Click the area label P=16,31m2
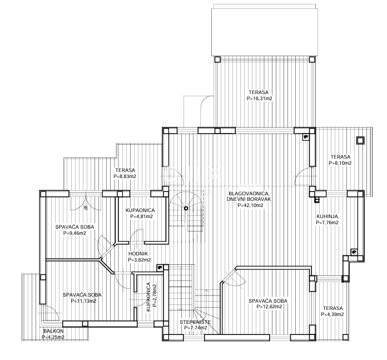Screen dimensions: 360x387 point(259,98)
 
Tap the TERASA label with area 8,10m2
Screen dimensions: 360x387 point(340,157)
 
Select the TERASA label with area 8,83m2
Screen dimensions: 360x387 point(125,170)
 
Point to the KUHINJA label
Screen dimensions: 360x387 point(327,216)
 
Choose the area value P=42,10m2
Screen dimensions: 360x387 point(250,205)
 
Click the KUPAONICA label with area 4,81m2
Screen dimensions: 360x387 point(140,210)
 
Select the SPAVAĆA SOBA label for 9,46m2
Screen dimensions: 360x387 point(75,227)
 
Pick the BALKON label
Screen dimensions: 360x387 point(53,331)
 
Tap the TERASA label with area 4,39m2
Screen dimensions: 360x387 point(332,308)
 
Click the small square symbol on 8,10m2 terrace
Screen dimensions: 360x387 point(360,140)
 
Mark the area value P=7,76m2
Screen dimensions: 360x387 point(327,222)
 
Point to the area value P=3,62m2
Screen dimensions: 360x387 point(140,259)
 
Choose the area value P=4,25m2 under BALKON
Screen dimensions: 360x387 point(53,337)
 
